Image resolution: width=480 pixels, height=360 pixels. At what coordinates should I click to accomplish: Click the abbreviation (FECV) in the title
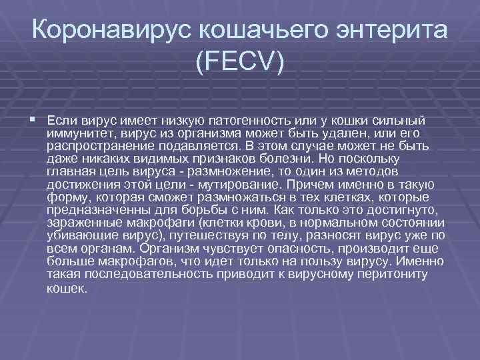(240, 63)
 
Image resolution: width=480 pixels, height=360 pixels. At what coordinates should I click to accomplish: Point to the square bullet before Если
(33, 119)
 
